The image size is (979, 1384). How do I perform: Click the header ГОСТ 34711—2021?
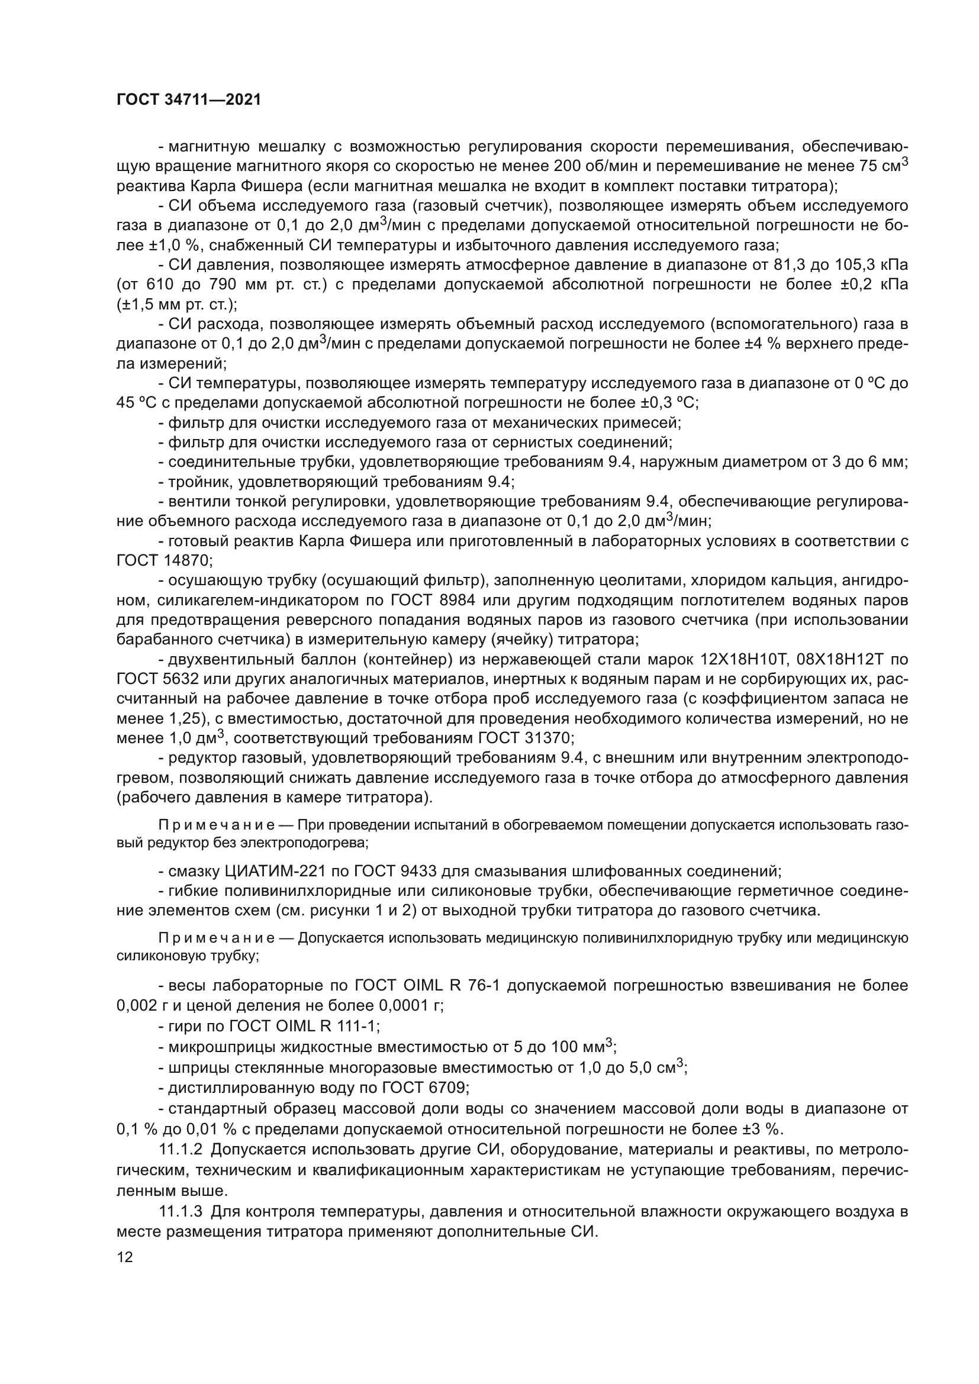[189, 100]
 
